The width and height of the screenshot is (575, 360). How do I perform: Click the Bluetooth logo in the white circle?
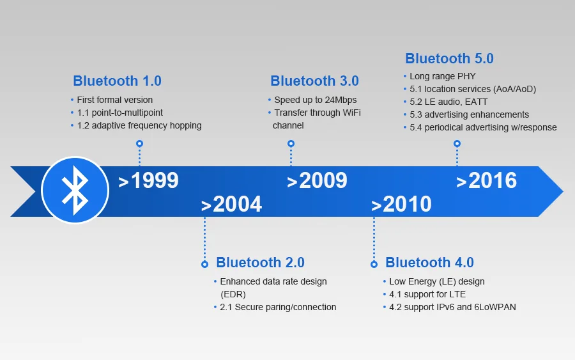click(74, 190)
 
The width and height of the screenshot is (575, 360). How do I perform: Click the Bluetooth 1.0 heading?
click(117, 81)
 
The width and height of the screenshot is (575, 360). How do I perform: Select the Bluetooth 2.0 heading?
click(260, 263)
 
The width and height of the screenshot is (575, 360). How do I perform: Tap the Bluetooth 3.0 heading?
click(314, 81)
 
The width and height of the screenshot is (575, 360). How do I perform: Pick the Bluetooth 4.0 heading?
click(429, 263)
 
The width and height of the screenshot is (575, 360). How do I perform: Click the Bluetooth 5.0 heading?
click(449, 59)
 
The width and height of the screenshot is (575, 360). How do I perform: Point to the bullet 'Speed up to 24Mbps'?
click(315, 100)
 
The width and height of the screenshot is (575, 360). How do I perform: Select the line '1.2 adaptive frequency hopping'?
click(139, 125)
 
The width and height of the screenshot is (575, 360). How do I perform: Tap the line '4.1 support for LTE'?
click(427, 294)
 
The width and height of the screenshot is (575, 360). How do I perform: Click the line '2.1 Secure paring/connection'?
click(278, 307)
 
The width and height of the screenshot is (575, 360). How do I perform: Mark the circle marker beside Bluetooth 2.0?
click(204, 264)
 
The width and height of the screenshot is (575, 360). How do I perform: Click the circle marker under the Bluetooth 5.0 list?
click(457, 144)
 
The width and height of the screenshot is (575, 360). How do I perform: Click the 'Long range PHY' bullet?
click(442, 77)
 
